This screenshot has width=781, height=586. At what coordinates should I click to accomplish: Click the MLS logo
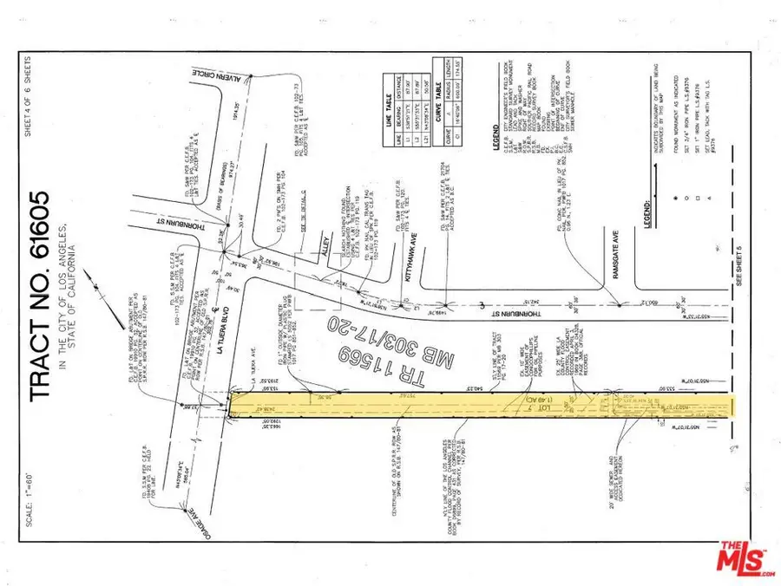(x=745, y=559)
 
